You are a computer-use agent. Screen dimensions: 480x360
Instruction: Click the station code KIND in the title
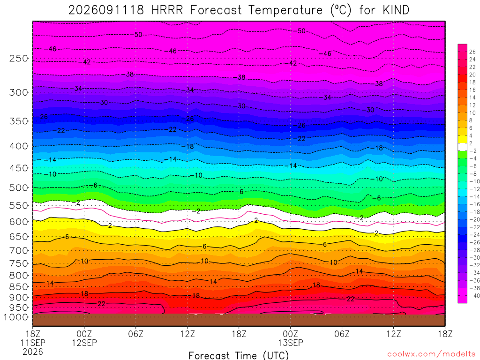(396, 10)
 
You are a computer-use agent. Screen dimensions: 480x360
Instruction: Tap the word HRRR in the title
(167, 10)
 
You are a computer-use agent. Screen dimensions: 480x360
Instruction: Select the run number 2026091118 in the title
(106, 10)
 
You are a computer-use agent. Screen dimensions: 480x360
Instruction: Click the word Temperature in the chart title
(285, 10)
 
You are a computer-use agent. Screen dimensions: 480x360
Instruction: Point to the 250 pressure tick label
(19, 58)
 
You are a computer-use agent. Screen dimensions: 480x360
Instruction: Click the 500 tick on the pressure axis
(19, 187)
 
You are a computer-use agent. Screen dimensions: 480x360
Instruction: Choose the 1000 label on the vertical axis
(16, 317)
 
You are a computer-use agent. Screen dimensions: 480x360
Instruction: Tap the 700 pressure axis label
(19, 250)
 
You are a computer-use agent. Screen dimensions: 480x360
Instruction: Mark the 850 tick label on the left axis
(19, 286)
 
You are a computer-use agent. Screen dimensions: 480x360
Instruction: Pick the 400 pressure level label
(19, 146)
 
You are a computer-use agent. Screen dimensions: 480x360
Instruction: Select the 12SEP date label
(84, 343)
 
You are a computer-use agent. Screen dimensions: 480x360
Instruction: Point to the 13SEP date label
(290, 343)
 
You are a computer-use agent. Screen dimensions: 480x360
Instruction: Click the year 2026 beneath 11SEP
(33, 352)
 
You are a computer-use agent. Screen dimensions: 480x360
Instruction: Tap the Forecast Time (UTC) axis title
(239, 355)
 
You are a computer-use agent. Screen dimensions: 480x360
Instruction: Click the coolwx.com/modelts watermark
(431, 354)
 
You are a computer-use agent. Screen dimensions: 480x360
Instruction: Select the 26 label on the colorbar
(472, 52)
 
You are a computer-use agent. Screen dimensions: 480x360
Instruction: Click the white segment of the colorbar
(463, 147)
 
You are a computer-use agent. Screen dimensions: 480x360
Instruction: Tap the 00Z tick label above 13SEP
(290, 333)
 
